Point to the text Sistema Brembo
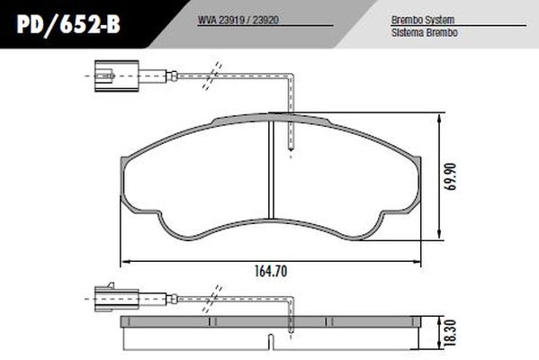(418, 31)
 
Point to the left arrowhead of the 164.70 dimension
(124, 261)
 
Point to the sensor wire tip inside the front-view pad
(290, 148)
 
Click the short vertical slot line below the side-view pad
(272, 343)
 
